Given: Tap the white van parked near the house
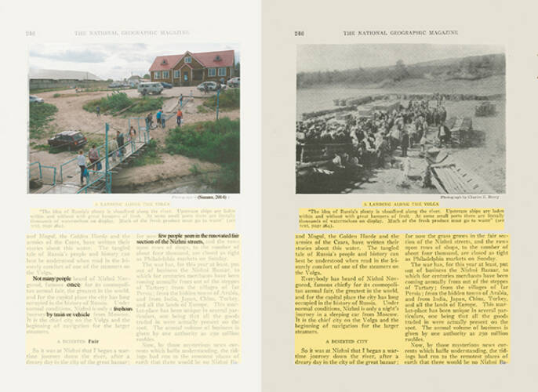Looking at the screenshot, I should [x=150, y=89].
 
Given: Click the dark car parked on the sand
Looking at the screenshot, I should [x=67, y=140].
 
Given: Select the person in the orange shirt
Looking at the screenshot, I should [x=179, y=115].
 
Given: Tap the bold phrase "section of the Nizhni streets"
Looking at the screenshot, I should [x=169, y=242].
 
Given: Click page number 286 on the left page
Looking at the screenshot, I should [x=31, y=33].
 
